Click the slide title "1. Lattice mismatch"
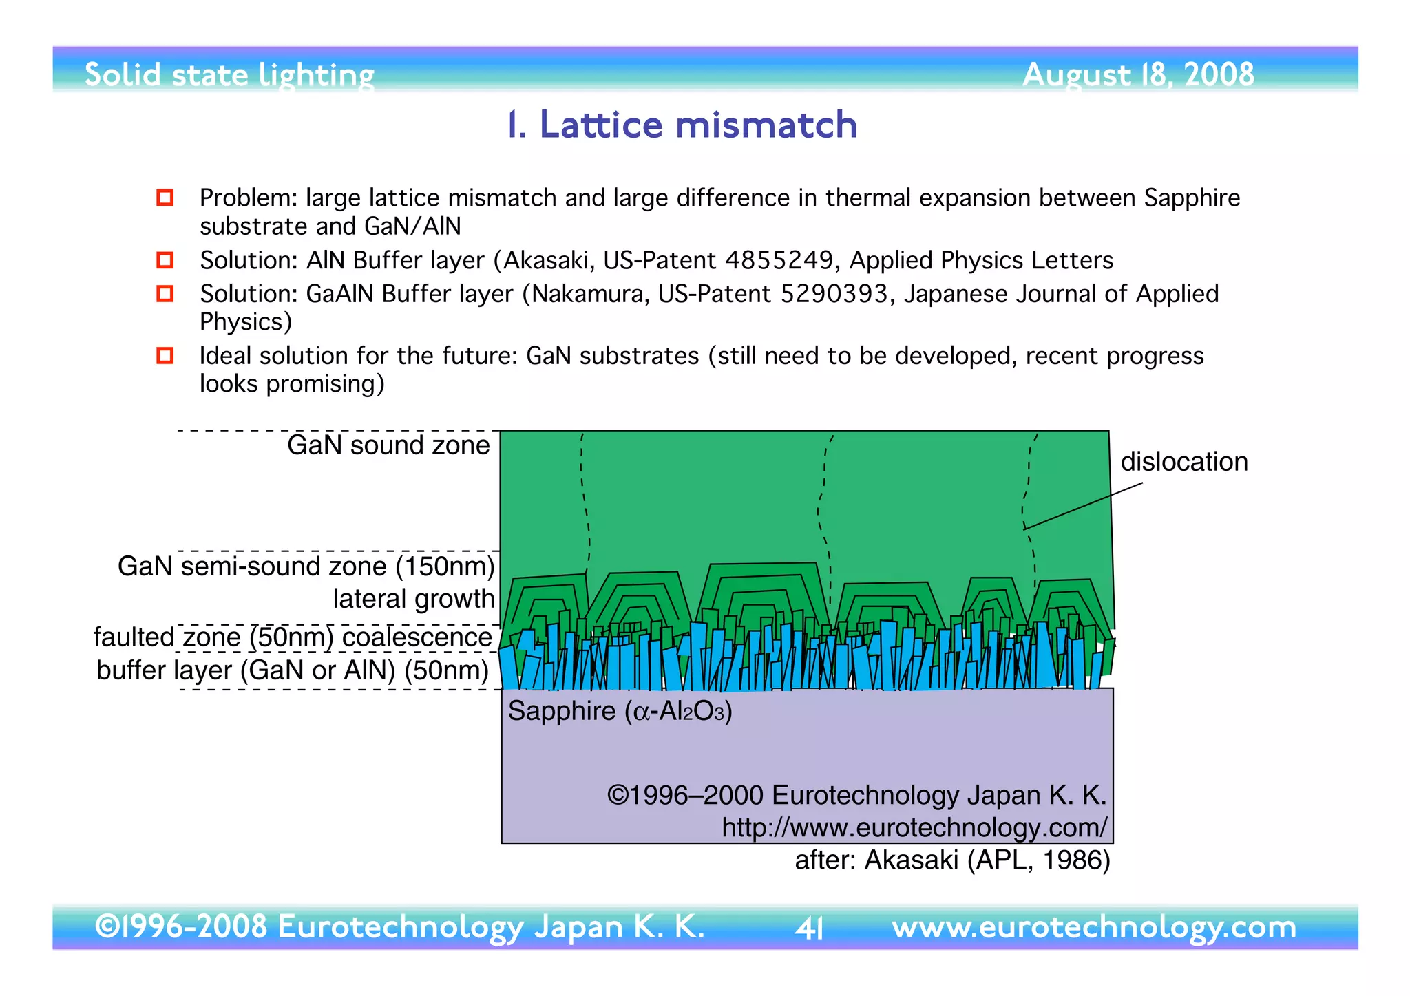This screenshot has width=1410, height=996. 682,125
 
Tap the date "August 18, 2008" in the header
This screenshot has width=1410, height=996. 1137,74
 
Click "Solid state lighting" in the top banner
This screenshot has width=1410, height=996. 229,74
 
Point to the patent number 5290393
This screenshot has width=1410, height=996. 834,294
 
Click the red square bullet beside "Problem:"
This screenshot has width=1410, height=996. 165,198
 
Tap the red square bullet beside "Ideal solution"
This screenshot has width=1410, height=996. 165,355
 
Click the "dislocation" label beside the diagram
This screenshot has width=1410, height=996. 1183,461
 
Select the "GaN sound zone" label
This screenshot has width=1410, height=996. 388,445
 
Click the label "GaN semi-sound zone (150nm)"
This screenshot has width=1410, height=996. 306,566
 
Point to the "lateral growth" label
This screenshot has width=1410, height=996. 414,599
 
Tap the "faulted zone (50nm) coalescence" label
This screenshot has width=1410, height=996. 293,637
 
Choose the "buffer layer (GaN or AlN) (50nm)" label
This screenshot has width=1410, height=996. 293,670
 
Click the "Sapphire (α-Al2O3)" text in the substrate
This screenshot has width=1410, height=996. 620,711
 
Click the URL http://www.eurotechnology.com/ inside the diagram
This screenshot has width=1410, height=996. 914,827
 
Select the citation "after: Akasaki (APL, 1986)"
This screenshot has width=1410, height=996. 952,860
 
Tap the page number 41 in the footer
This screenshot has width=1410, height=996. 809,929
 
